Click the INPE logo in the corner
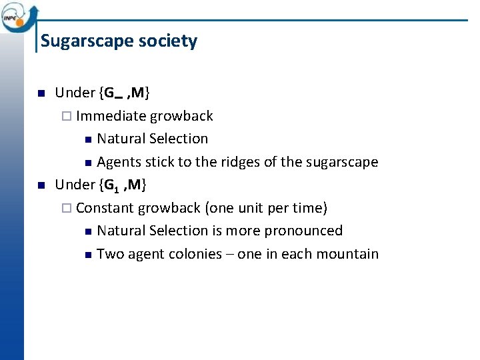(18, 16)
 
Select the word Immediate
(111, 116)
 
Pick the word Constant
(105, 208)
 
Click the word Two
(109, 254)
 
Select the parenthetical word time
(309, 208)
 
